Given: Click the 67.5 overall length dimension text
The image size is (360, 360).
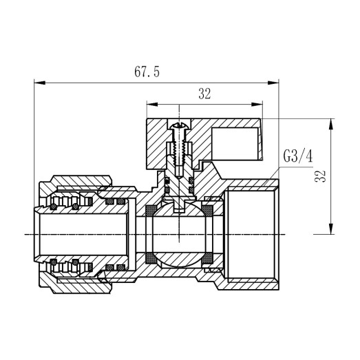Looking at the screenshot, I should pyautogui.click(x=148, y=72).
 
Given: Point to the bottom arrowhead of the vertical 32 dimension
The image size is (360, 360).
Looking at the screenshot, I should pyautogui.click(x=332, y=232).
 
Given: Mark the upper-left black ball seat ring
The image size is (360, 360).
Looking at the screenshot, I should pyautogui.click(x=149, y=209).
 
